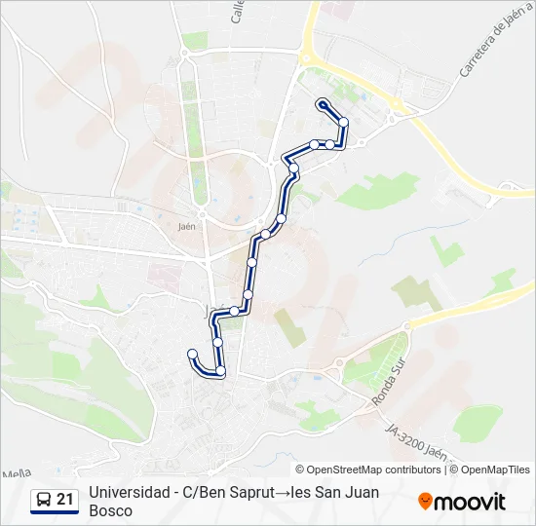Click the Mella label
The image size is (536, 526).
(17, 473)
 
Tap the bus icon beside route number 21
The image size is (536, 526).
(45, 500)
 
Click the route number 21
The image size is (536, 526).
(65, 500)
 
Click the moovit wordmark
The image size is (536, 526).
(471, 502)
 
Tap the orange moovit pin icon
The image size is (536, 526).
(425, 502)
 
